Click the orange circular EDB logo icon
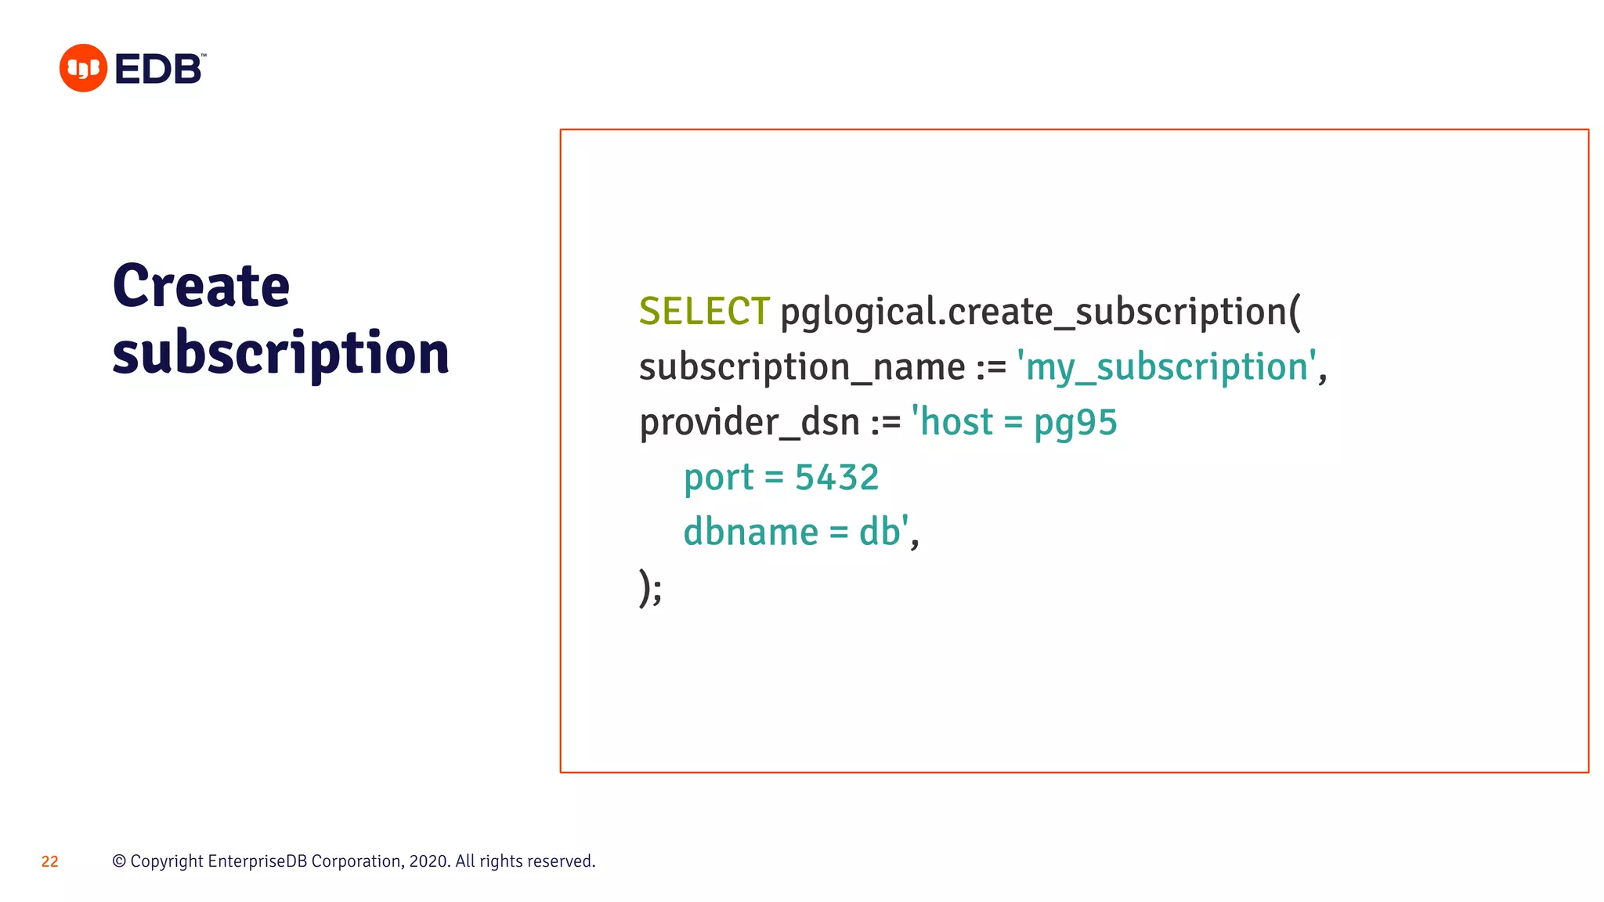pos(83,68)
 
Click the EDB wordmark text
pos(159,70)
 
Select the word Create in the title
pos(201,286)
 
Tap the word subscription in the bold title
pos(280,352)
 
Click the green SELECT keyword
pos(704,312)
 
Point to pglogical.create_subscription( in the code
pos(1040,312)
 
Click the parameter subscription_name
pos(802,367)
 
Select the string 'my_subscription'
pos(1166,367)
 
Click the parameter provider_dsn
pos(750,422)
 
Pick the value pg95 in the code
pos(1075,423)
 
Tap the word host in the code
pos(956,422)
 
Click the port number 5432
pos(836,478)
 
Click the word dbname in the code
pos(750,532)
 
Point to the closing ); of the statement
pos(650,587)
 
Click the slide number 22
pos(50,861)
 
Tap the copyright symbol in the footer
pos(119,861)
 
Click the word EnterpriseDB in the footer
pos(258,861)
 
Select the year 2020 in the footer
pos(428,861)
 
